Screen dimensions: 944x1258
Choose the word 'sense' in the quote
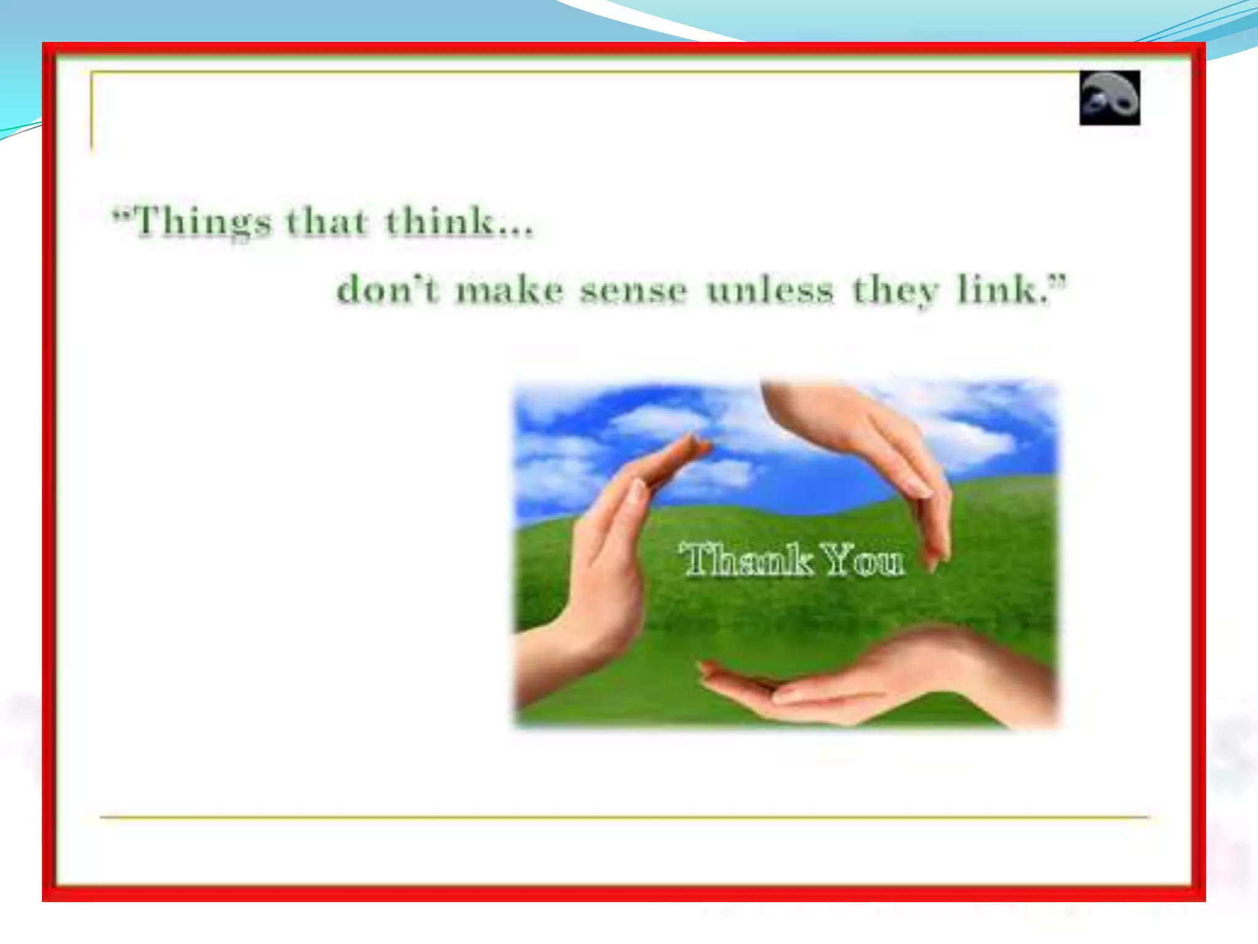pyautogui.click(x=633, y=291)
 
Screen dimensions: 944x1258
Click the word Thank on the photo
pyautogui.click(x=747, y=560)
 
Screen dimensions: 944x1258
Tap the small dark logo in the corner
pyautogui.click(x=1109, y=98)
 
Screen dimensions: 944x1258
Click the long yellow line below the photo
pyautogui.click(x=624, y=817)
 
